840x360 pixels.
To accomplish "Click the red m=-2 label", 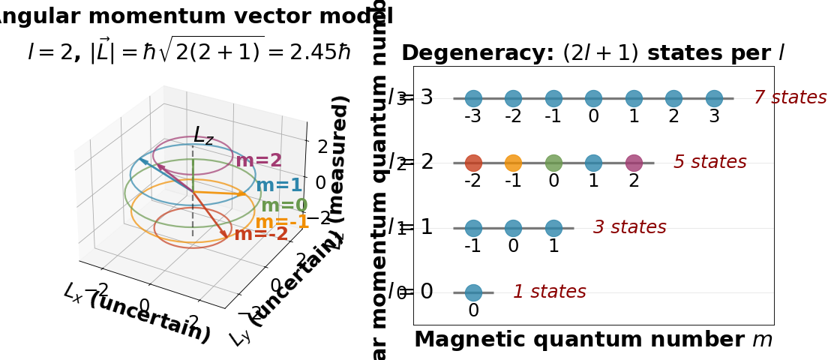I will pos(261,234).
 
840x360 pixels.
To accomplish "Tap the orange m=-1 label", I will pos(282,222).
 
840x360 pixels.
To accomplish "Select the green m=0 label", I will pos(284,205).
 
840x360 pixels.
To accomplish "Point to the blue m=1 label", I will pos(279,186).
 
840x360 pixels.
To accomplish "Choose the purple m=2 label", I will pos(259,160).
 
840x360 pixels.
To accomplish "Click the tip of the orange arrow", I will pos(247,194).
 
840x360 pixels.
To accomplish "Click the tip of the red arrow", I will pos(227,239).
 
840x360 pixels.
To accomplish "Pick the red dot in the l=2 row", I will pos(473,163).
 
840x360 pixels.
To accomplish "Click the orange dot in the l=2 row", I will pos(513,163).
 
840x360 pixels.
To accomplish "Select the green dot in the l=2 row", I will pos(553,163).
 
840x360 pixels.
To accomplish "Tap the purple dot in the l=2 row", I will pos(634,163).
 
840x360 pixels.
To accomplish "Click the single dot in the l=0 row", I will pos(473,292).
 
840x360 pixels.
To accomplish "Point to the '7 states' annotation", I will pos(790,97).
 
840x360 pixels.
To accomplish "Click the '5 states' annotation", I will pos(709,163).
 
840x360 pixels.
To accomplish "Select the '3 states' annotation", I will pos(629,227).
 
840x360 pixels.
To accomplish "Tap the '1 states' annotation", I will pos(549,292).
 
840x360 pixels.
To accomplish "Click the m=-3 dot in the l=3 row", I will pos(473,98).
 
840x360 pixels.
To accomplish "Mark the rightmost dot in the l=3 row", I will pos(714,98).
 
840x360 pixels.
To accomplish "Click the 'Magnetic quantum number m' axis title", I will pos(593,340).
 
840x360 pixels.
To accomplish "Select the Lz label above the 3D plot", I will pos(203,136).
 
